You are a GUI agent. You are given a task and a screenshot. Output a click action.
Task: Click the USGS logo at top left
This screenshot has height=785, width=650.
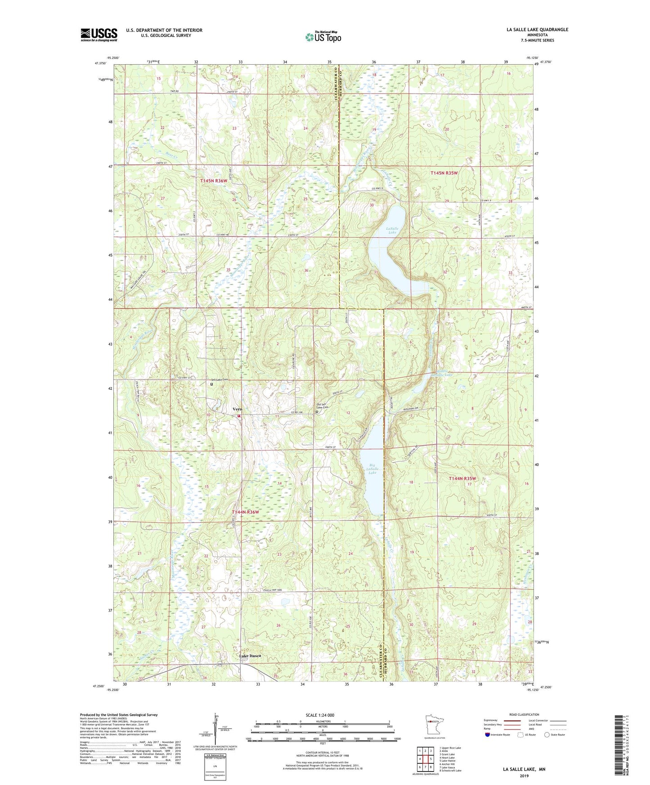(x=99, y=35)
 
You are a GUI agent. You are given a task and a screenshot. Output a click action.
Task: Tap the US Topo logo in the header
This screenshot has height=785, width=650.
(x=323, y=37)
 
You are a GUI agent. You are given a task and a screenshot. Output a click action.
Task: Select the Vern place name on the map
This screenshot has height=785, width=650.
(x=238, y=409)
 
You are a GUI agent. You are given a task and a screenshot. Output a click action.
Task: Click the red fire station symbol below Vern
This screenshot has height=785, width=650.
(x=239, y=416)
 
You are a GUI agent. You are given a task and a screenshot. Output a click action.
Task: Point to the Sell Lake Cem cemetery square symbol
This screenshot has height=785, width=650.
(x=211, y=384)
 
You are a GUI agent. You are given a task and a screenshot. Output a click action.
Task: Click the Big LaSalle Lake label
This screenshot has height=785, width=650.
(x=372, y=469)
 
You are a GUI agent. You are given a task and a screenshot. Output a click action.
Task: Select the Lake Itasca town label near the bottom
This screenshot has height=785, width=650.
(x=250, y=656)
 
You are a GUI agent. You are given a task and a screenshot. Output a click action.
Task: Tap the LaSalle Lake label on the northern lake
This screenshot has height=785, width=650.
(x=392, y=231)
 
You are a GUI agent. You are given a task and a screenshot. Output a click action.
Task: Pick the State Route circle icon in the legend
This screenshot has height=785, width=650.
(x=547, y=735)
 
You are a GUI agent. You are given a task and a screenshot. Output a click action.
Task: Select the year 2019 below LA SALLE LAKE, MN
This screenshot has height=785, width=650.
(x=524, y=776)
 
